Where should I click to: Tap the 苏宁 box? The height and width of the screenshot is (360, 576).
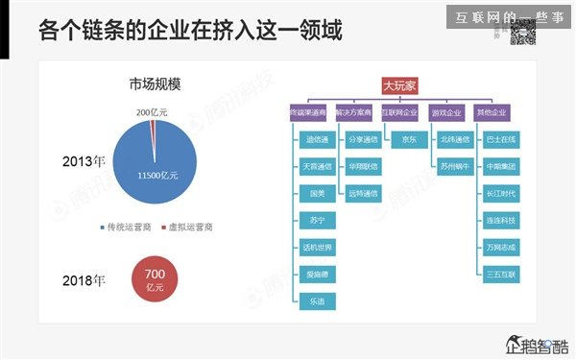(x=317, y=220)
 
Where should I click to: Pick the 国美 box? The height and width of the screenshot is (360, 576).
(x=317, y=193)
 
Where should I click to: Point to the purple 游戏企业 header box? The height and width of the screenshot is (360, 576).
(x=447, y=112)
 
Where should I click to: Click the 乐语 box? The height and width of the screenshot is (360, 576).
(x=317, y=300)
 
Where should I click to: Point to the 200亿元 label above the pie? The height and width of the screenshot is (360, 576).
(x=151, y=112)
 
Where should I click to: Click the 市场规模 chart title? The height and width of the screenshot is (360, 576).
(x=156, y=84)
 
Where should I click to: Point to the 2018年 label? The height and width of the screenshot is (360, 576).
(x=81, y=280)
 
